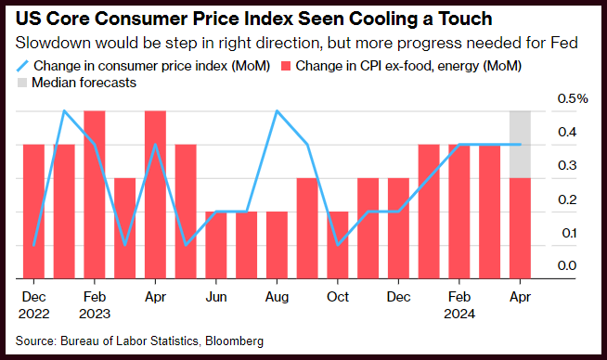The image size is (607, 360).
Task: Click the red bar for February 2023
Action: [95, 195]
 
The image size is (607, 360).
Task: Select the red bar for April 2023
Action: [155, 195]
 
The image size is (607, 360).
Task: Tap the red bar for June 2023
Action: [216, 245]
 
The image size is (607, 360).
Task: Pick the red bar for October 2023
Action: [338, 245]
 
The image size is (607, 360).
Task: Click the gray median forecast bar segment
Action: [520, 145]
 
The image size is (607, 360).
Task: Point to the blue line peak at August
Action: [277, 111]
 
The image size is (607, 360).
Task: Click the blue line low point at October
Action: [338, 245]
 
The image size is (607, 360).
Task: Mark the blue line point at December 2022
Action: [34, 245]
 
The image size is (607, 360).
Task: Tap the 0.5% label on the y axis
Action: [573, 98]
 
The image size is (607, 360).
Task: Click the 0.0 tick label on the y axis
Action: [567, 265]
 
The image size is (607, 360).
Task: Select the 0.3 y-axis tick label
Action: [567, 165]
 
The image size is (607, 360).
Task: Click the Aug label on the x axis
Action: [277, 297]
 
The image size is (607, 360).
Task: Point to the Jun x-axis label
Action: [216, 297]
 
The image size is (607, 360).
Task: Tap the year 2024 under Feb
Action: [459, 314]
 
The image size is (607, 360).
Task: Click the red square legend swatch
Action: [286, 66]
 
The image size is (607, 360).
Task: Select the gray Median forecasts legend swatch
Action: [22, 83]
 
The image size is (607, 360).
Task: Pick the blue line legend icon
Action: [22, 66]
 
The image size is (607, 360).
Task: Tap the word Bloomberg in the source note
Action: [234, 341]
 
